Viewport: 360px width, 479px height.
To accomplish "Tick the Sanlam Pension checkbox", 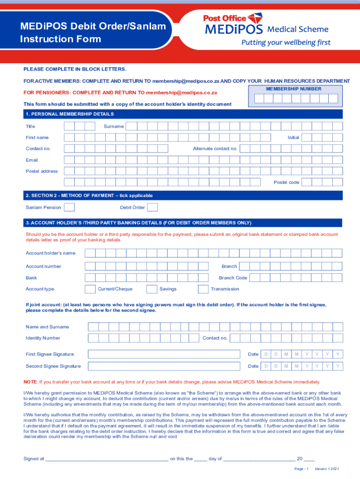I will (69, 207).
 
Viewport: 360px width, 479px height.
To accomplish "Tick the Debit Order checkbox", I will (152, 207).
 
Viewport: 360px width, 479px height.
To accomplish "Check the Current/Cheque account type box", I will (90, 289).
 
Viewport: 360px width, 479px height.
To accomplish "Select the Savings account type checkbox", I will (151, 289).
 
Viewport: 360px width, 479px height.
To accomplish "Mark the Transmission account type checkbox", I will (203, 289).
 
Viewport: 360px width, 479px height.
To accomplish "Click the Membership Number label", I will (294, 89).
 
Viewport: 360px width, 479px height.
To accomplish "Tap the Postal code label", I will (286, 182).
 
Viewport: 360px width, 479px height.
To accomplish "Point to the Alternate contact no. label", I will (215, 149).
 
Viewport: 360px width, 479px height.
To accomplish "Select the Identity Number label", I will (43, 338).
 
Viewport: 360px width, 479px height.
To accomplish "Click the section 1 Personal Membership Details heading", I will (70, 114).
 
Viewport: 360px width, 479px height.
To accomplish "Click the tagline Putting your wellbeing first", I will (286, 43).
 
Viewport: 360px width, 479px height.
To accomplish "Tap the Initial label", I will (293, 138).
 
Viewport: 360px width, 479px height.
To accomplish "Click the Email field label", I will (32, 160).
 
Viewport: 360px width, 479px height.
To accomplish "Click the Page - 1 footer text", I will (301, 469).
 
